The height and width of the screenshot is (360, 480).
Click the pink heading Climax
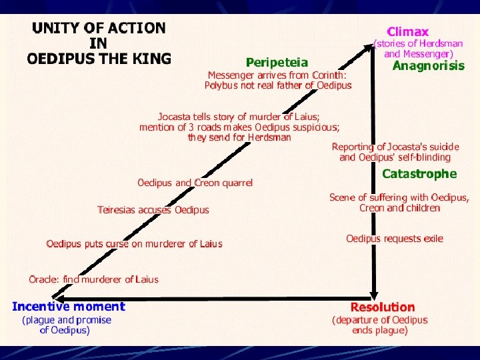408,31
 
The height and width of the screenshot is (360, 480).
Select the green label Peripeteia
277,63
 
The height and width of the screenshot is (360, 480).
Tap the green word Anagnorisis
428,66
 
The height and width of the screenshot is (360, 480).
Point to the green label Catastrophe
419,174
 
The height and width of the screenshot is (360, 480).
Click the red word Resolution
383,307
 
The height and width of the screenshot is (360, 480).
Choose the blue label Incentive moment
69,307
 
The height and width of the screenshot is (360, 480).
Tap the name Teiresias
117,210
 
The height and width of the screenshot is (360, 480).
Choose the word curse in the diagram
117,244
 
